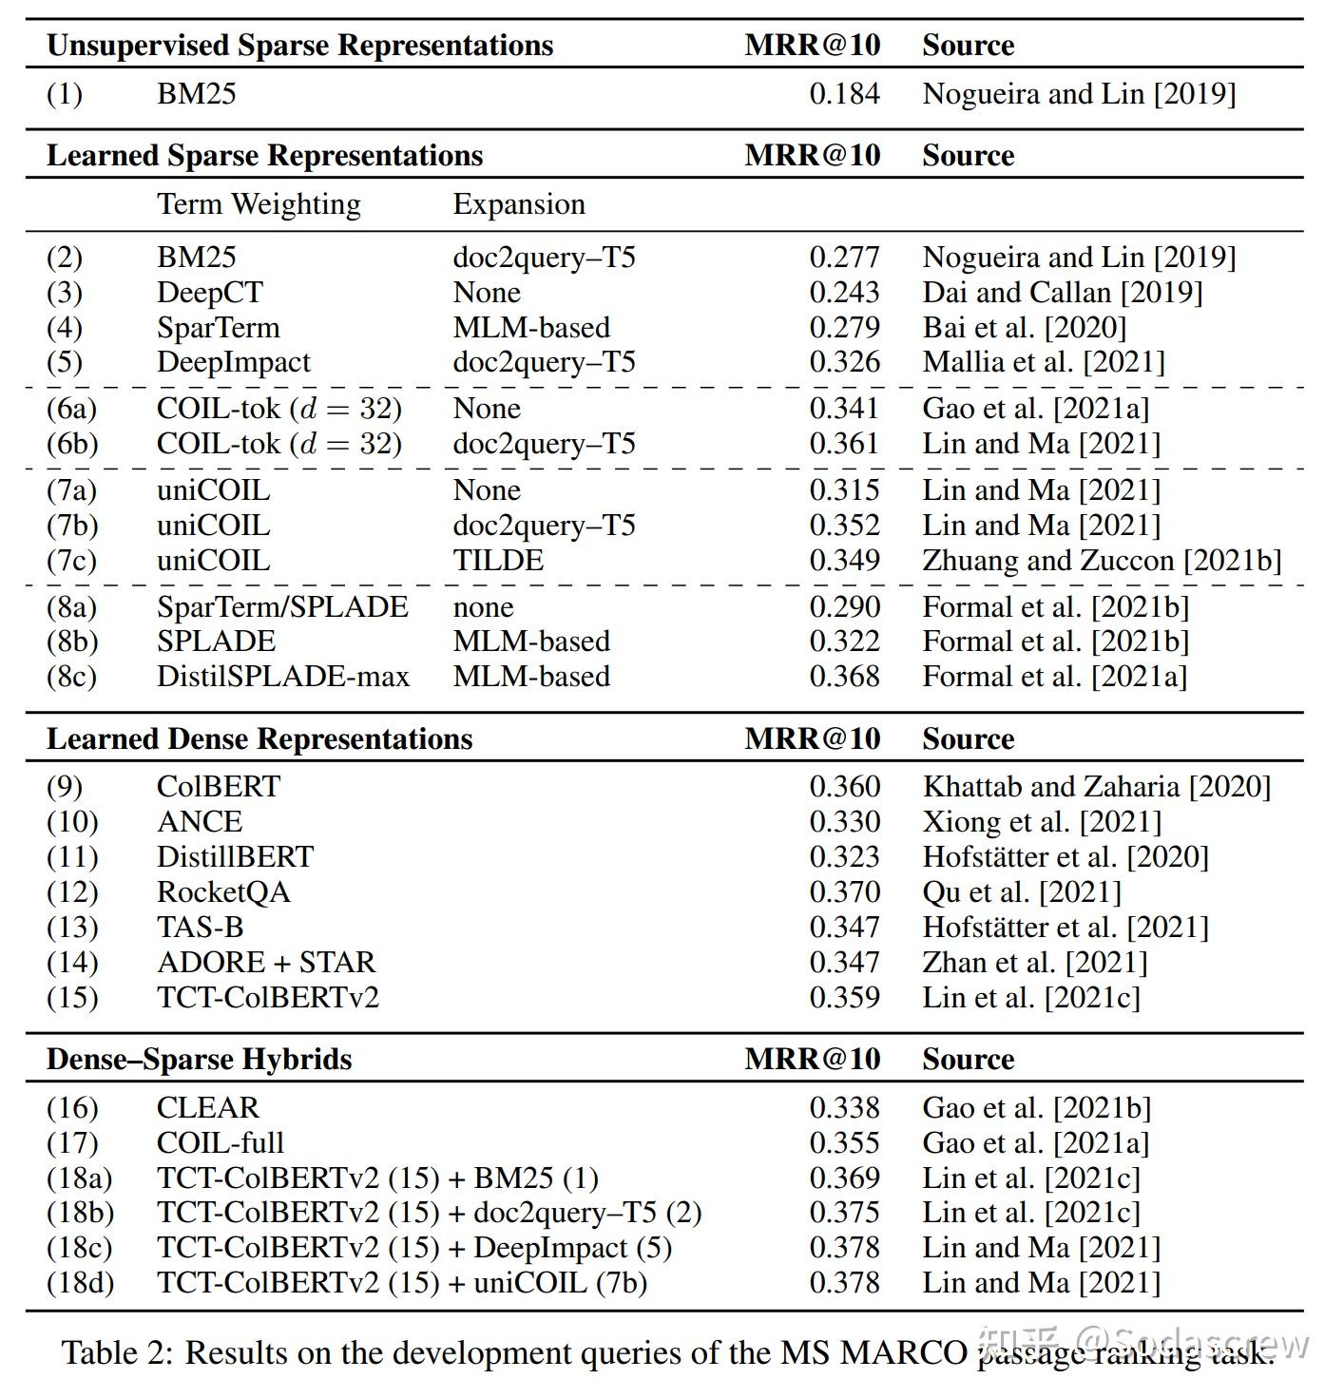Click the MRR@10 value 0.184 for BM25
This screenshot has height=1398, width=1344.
click(x=844, y=94)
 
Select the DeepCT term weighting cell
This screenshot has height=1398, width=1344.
click(x=209, y=293)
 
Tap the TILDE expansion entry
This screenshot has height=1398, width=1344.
click(x=498, y=561)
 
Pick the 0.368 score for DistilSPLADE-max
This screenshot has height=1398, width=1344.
click(x=844, y=677)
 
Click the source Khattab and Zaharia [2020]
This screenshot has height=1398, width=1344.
click(x=1096, y=787)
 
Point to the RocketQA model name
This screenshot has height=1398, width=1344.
click(x=223, y=892)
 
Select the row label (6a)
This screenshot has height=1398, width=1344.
click(x=72, y=409)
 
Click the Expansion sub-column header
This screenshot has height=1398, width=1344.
click(x=519, y=204)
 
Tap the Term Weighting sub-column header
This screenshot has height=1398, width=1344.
click(x=259, y=204)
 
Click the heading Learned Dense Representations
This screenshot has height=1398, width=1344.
click(x=259, y=739)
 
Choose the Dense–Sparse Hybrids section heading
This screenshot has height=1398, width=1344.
click(x=199, y=1060)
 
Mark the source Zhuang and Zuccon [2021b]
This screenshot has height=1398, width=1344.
click(x=1102, y=561)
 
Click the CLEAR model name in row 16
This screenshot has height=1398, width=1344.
click(x=207, y=1108)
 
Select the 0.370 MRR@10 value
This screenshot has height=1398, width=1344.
click(x=844, y=892)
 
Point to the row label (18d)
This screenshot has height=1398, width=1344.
click(x=80, y=1283)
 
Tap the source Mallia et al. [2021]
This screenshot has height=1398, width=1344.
click(x=1043, y=362)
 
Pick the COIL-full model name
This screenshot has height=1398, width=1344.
click(x=221, y=1143)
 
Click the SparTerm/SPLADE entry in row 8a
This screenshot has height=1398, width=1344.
click(x=282, y=607)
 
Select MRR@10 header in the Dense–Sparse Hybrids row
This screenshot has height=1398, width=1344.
click(x=812, y=1060)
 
